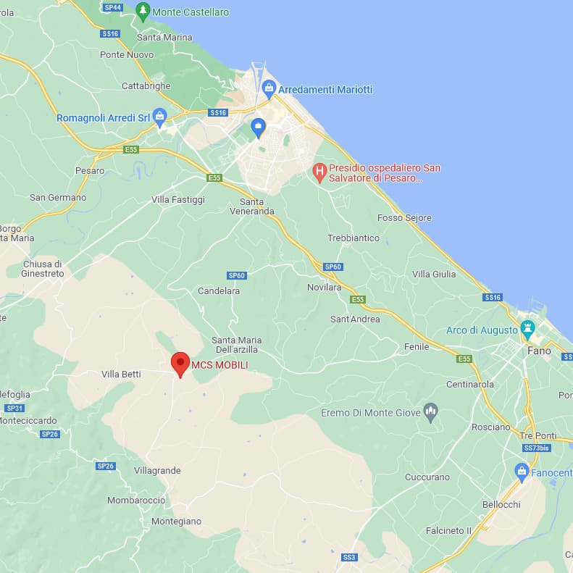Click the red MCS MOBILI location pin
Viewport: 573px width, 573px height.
[180, 364]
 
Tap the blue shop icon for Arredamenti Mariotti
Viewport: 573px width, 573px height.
[269, 90]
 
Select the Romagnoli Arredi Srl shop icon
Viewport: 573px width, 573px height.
[160, 117]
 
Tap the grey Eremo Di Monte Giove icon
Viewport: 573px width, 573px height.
[431, 412]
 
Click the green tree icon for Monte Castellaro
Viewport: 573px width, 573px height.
[143, 12]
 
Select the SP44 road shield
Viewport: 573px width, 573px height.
[113, 7]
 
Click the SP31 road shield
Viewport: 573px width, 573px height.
[14, 408]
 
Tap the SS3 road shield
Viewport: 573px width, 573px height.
[349, 557]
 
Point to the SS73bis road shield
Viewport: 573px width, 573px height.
[536, 448]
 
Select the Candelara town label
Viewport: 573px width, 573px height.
[219, 290]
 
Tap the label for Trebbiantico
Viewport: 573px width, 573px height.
[354, 238]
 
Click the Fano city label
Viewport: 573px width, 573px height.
[539, 351]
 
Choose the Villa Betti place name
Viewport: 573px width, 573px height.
[121, 374]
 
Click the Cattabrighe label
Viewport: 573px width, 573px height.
[146, 85]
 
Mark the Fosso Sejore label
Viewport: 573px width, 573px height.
[404, 217]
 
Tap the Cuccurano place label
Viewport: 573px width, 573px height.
[427, 477]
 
